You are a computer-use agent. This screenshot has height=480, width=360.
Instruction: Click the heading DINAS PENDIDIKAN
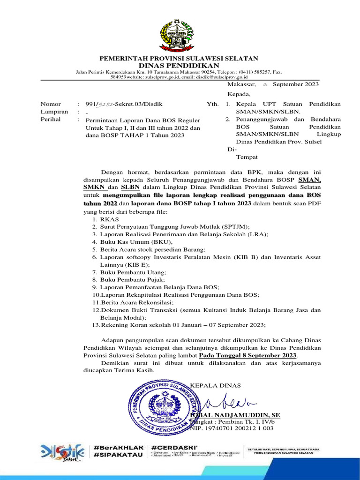(x=180, y=65)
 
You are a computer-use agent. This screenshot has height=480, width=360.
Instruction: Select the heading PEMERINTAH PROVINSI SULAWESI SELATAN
(x=180, y=58)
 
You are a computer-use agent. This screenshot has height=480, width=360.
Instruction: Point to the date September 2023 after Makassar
(x=295, y=84)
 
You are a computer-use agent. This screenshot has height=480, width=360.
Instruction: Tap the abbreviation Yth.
(x=212, y=104)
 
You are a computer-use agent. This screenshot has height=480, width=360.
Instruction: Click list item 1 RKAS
(x=105, y=219)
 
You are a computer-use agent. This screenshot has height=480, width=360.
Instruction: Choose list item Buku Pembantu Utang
(x=129, y=272)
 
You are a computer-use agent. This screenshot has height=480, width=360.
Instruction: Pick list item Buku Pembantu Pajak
(x=129, y=280)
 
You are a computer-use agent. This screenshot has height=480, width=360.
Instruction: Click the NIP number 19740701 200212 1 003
(x=233, y=428)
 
